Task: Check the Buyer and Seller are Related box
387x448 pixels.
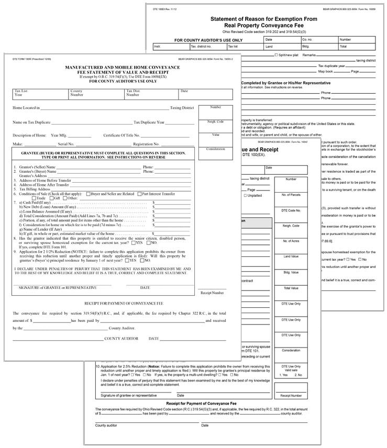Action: point(88,194)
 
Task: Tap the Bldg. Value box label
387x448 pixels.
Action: point(291,272)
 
